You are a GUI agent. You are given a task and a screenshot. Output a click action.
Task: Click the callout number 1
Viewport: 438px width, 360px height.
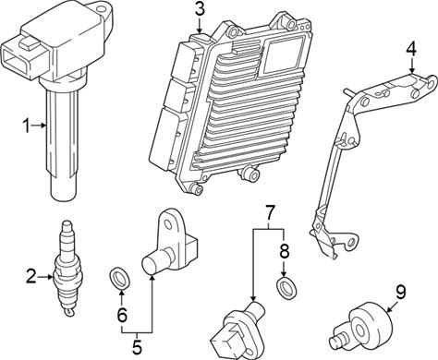point(27,126)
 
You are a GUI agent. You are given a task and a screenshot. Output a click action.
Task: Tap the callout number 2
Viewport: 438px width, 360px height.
point(31,276)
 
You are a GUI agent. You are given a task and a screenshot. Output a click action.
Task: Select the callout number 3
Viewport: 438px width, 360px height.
point(200,10)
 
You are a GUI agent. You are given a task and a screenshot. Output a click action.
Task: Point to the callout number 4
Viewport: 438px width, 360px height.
point(411,49)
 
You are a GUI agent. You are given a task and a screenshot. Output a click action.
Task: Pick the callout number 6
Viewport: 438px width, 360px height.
point(122,315)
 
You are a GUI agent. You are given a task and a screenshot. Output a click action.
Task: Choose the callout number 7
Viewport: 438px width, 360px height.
point(269,213)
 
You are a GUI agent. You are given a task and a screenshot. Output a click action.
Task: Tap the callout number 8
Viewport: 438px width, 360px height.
point(285,251)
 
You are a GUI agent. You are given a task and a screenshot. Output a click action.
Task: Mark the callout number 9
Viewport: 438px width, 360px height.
point(400,293)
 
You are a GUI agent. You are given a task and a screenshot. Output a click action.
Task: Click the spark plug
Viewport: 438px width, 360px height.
point(66,268)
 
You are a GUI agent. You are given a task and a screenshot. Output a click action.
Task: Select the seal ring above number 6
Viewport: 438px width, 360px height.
point(120,279)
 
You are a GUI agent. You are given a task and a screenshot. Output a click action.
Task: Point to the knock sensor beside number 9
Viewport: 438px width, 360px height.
point(362,329)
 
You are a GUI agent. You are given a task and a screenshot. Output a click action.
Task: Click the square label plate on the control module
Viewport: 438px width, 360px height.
point(284,55)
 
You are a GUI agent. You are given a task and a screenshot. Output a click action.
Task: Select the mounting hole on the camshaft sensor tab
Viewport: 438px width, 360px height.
point(168,223)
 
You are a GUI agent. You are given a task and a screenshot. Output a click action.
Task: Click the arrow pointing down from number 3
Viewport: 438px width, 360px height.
point(200,26)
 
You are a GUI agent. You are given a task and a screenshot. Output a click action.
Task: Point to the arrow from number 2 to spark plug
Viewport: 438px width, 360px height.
point(45,277)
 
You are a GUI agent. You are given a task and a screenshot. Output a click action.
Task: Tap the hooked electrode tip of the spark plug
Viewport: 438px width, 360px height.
point(69,312)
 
